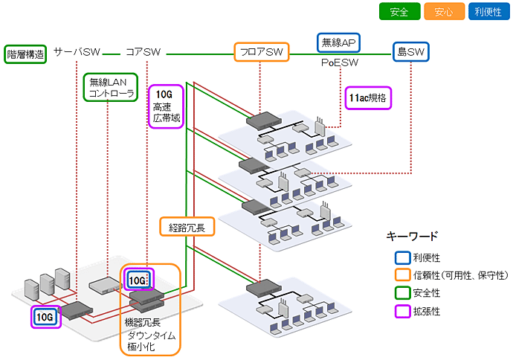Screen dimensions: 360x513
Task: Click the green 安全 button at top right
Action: pyautogui.click(x=400, y=11)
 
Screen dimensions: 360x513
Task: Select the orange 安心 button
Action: pyautogui.click(x=444, y=11)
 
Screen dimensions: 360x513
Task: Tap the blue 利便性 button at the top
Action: pyautogui.click(x=488, y=11)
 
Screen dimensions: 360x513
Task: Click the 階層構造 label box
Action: pyautogui.click(x=25, y=54)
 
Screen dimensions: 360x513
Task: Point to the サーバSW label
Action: pyautogui.click(x=77, y=52)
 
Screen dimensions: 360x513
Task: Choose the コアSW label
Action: pyautogui.click(x=143, y=52)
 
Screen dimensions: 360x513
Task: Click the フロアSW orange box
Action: pyautogui.click(x=261, y=52)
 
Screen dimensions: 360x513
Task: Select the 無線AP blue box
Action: pyautogui.click(x=340, y=42)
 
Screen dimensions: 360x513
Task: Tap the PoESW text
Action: pyautogui.click(x=340, y=64)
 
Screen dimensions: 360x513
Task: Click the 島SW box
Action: pyautogui.click(x=412, y=52)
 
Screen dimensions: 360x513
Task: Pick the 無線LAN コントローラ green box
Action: pyautogui.click(x=111, y=87)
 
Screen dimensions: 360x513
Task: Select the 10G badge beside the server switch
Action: pyautogui.click(x=45, y=318)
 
